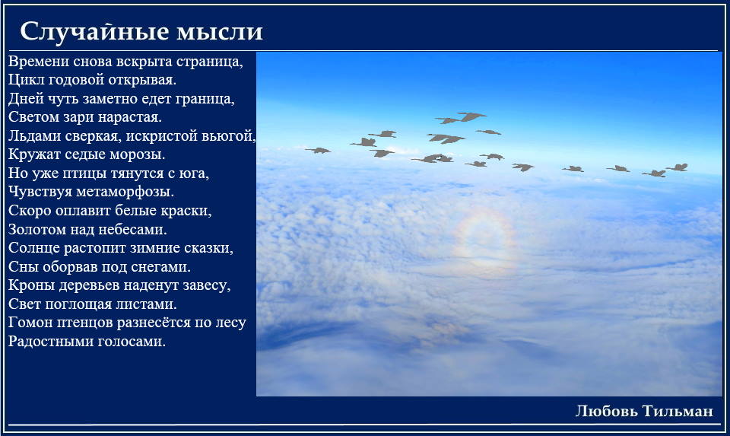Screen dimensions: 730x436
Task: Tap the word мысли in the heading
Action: [220, 33]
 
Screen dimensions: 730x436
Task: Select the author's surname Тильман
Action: [678, 411]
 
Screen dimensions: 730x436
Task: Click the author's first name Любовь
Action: [606, 411]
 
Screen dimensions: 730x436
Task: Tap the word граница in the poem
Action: [205, 99]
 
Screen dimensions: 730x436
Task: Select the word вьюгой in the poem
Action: [229, 136]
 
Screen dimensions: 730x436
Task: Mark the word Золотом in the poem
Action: [36, 229]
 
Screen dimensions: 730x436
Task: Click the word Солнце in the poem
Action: [33, 248]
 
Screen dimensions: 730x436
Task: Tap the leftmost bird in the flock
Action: [318, 150]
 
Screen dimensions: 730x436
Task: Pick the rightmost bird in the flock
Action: [678, 167]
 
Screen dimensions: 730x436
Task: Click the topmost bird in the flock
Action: [471, 116]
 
